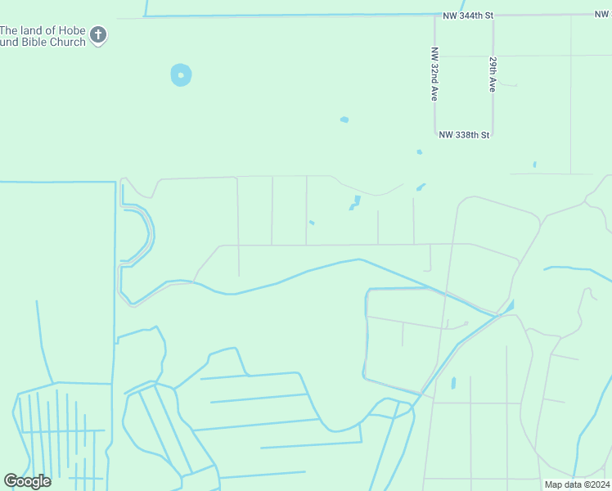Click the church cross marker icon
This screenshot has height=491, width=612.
click(x=98, y=35)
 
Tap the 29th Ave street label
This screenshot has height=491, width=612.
click(x=493, y=74)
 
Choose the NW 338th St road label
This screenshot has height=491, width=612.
click(x=464, y=134)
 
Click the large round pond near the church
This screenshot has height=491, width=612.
click(x=181, y=75)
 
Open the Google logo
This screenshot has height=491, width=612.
click(x=27, y=481)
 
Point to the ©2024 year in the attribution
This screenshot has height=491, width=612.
click(x=596, y=484)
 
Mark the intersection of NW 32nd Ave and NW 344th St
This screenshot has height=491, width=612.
click(x=434, y=16)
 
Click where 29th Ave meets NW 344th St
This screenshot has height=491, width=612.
click(x=493, y=16)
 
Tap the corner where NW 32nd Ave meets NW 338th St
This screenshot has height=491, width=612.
click(x=434, y=134)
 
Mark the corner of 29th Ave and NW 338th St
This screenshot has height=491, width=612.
click(x=493, y=134)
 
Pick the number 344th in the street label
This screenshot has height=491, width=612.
click(x=475, y=16)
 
